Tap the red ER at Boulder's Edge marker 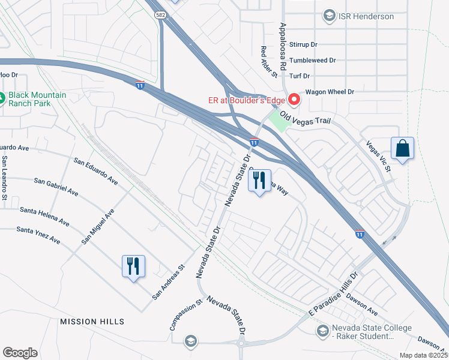click(294, 99)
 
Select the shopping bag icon click(402, 149)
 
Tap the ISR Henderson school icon click(329, 16)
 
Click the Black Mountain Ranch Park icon click(2, 98)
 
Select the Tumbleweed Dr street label click(312, 61)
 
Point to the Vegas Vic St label click(379, 155)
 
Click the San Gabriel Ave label click(56, 187)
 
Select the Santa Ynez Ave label click(38, 235)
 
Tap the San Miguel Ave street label click(98, 227)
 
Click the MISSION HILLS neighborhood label click(92, 322)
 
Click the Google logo click(20, 353)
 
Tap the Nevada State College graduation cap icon click(323, 331)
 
